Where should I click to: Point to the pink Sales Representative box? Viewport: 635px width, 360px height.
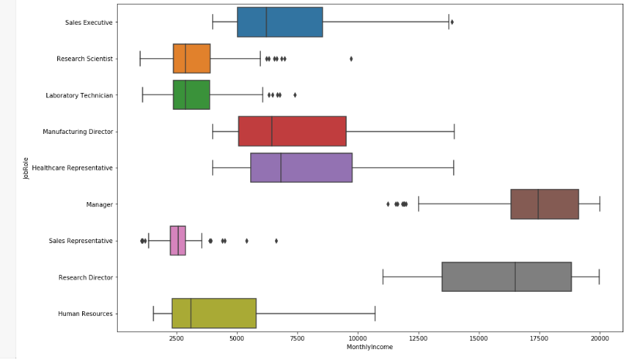click(x=178, y=241)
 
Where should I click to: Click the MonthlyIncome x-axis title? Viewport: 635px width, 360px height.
click(x=370, y=347)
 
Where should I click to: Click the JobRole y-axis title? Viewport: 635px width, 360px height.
click(x=26, y=168)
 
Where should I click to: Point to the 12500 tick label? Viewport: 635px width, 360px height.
click(x=418, y=338)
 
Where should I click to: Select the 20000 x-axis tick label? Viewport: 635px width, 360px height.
click(x=599, y=338)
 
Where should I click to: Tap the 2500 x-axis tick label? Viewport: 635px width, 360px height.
click(x=177, y=338)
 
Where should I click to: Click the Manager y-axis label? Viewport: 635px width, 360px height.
click(x=100, y=204)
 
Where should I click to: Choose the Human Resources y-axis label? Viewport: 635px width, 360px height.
click(x=86, y=314)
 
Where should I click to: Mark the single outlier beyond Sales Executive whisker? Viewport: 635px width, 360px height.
click(x=452, y=22)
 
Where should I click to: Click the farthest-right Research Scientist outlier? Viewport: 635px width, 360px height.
click(x=351, y=58)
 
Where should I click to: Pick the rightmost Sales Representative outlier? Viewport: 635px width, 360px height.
click(x=276, y=241)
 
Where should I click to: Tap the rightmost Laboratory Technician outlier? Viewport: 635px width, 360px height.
click(x=294, y=94)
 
